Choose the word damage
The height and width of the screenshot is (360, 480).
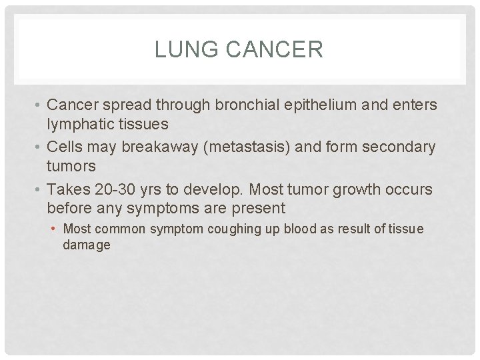coord(87,245)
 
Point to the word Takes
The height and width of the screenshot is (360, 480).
coord(67,189)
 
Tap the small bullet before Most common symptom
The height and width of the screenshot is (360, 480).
coord(53,229)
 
